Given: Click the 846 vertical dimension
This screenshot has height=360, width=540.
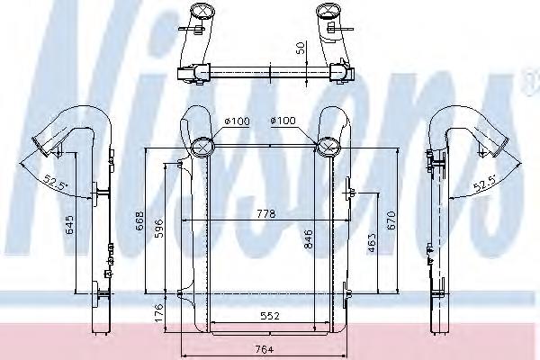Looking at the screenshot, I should [308, 239].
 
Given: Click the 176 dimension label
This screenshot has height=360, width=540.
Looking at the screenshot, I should [158, 312].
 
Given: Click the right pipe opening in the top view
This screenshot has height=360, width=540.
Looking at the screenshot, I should [325, 15].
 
